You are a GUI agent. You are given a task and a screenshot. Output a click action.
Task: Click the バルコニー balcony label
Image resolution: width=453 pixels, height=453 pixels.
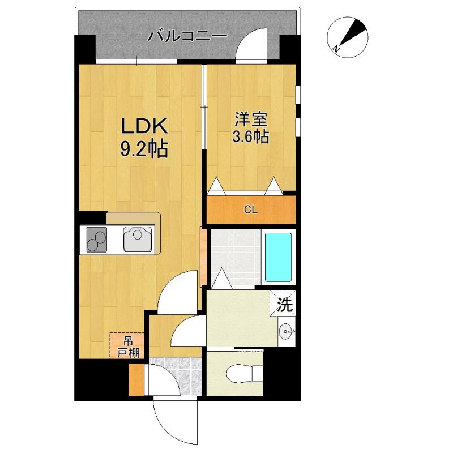click(x=187, y=37)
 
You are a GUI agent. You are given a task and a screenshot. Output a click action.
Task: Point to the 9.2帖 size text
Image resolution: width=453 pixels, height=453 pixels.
click(x=143, y=149)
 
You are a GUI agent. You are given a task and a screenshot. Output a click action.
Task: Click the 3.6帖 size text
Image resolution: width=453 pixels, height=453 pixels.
click(x=251, y=136)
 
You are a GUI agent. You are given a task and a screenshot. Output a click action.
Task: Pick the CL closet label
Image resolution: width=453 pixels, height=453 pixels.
click(x=251, y=210)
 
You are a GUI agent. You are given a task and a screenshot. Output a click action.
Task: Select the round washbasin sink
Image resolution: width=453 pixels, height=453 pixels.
click(x=287, y=330)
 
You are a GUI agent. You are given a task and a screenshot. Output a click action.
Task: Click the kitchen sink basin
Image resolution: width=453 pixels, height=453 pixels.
click(x=138, y=238)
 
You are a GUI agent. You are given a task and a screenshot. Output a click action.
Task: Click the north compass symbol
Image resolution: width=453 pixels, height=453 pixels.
click(x=346, y=35)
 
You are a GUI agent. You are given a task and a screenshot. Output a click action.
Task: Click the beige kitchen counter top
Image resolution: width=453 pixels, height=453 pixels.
click(x=134, y=219)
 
